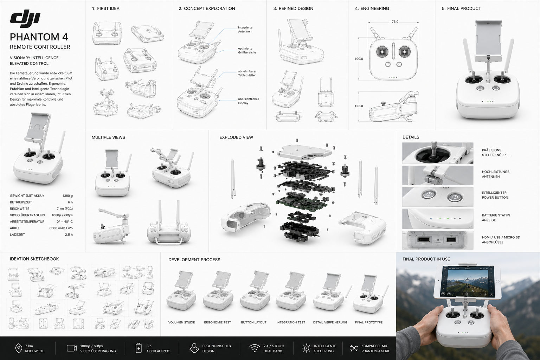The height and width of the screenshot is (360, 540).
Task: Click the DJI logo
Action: pyautogui.click(x=25, y=18)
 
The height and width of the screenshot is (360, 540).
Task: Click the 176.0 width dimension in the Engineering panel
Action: pyautogui.click(x=394, y=22)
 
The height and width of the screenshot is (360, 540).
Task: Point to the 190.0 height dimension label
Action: pyautogui.click(x=359, y=59)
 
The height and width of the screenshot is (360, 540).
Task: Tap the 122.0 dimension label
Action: pyautogui.click(x=359, y=106)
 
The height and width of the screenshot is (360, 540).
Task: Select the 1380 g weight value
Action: pyautogui.click(x=67, y=196)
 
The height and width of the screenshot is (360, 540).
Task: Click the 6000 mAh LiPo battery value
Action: pyautogui.click(x=61, y=228)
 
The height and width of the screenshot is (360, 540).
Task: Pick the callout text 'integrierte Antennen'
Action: pyautogui.click(x=245, y=30)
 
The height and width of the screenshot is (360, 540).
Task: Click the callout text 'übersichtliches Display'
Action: pyautogui.click(x=249, y=101)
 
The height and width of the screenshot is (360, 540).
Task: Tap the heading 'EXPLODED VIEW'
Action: pyautogui.click(x=236, y=137)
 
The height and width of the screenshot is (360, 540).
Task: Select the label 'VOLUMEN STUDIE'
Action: pyautogui.click(x=181, y=322)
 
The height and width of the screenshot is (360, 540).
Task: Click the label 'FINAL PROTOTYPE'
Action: pyautogui.click(x=368, y=322)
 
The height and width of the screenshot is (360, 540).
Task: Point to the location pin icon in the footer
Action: pyautogui.click(x=19, y=348)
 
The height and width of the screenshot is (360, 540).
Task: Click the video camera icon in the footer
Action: pyautogui.click(x=72, y=348)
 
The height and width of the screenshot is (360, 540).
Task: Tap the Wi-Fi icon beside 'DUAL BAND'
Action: pyautogui.click(x=254, y=348)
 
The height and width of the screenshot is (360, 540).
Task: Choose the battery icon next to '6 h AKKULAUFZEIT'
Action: pyautogui.click(x=139, y=348)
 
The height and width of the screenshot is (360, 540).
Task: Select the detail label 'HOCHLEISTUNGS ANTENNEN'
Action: pyautogui.click(x=496, y=174)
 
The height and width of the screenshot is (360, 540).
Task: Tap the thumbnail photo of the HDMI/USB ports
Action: pyautogui.click(x=438, y=240)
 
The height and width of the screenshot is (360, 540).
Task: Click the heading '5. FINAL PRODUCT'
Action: pyautogui.click(x=461, y=9)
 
